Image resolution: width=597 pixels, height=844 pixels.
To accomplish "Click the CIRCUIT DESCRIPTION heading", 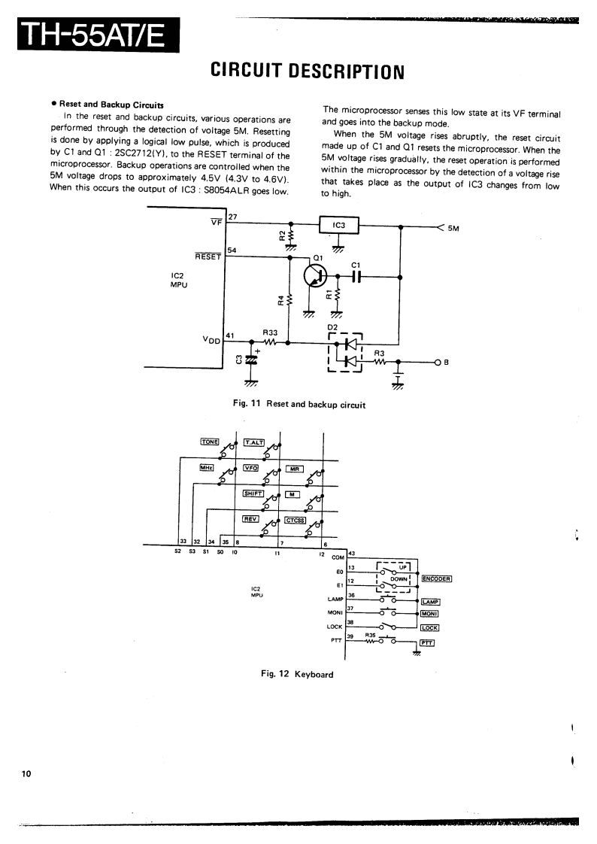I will pos(308,71).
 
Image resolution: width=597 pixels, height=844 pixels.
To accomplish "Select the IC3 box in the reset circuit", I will pos(339,225).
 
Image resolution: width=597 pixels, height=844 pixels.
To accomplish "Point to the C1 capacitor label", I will pos(356,264).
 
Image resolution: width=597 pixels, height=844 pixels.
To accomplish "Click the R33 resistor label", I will pos(270,332).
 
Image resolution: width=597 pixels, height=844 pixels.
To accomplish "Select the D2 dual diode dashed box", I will pos(346,354).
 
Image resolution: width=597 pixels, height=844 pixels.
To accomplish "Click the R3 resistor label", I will pos(379,353).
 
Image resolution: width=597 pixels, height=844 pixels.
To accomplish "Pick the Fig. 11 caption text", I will pos(299,405).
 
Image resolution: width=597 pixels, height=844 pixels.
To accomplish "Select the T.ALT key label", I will pos(253,442).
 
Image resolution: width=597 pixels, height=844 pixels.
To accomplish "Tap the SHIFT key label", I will pos(253,493).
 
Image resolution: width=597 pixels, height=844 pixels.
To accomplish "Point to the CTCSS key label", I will pos(294,518).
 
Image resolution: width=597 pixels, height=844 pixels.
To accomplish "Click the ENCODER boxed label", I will pos(437,578).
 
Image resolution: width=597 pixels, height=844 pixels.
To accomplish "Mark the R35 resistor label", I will pos(371,635).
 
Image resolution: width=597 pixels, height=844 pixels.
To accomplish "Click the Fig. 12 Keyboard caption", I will pos(297,674).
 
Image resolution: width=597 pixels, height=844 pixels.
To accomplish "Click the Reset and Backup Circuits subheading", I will pos(111,105).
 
